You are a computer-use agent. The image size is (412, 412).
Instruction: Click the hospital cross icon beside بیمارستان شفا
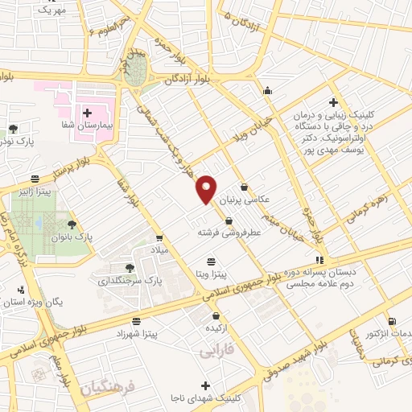(88, 112)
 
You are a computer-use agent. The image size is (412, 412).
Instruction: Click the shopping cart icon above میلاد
(159, 238)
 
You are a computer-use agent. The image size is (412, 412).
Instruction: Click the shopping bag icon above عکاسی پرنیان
(243, 187)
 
